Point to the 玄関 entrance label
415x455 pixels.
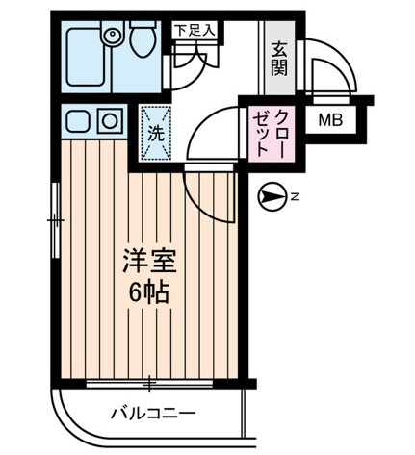(280, 60)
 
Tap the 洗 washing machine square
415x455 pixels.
(154, 134)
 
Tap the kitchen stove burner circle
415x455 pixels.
(109, 121)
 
